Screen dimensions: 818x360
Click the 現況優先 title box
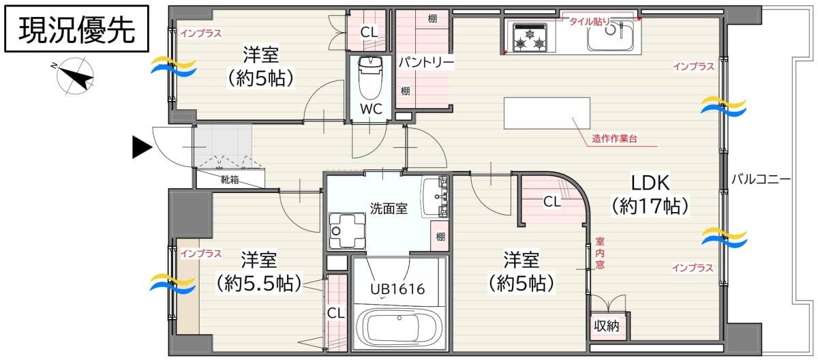(x=76, y=29)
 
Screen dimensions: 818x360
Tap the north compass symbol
(x=74, y=76)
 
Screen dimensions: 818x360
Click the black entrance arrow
(x=142, y=147)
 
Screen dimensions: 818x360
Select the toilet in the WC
(x=371, y=78)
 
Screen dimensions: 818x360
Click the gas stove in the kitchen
(x=530, y=37)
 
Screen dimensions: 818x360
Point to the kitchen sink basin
(x=610, y=35)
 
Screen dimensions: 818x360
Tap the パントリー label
(x=426, y=63)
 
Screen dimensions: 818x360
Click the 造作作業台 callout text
(x=615, y=138)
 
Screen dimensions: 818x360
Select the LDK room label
(x=650, y=183)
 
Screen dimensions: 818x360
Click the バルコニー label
(x=761, y=179)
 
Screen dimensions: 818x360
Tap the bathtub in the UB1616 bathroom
(x=397, y=326)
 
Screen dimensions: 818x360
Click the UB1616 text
(x=397, y=289)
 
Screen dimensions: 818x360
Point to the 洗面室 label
(x=389, y=209)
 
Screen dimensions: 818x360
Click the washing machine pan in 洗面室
(x=347, y=230)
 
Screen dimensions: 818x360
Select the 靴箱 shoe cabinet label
(x=230, y=179)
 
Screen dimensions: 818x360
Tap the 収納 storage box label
(x=606, y=326)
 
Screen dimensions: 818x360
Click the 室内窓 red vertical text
(x=600, y=253)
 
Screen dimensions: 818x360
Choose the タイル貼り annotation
(x=590, y=22)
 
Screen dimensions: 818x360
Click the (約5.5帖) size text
(x=259, y=284)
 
